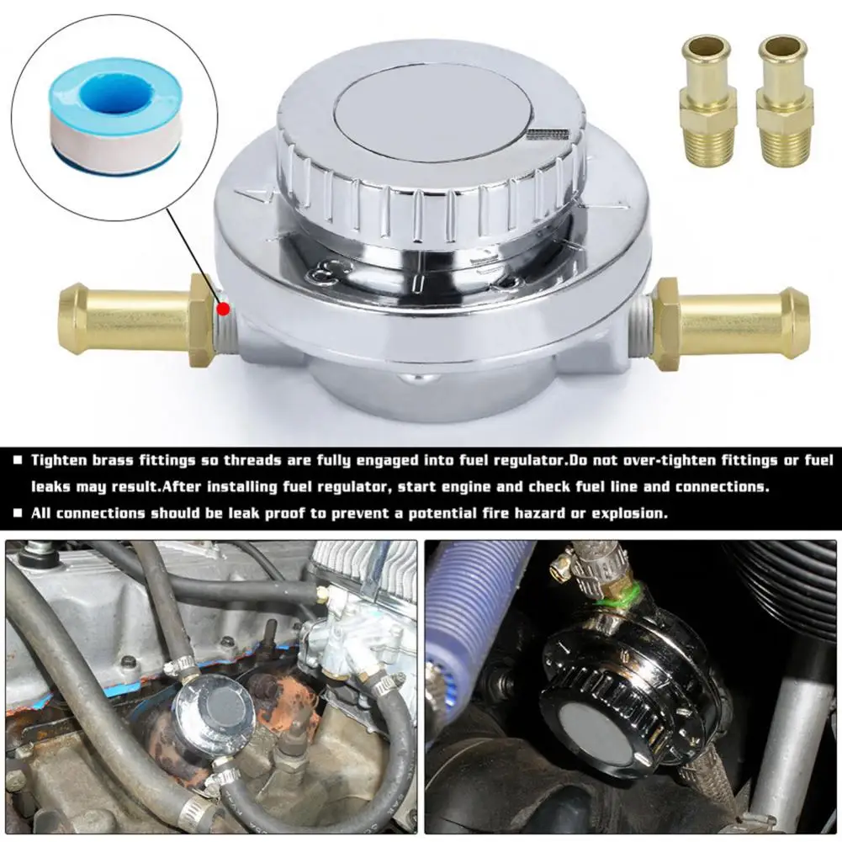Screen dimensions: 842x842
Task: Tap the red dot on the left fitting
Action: (222, 309)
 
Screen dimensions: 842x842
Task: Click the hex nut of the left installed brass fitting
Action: (203, 320)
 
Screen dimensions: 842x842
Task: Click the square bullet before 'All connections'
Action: (18, 513)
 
